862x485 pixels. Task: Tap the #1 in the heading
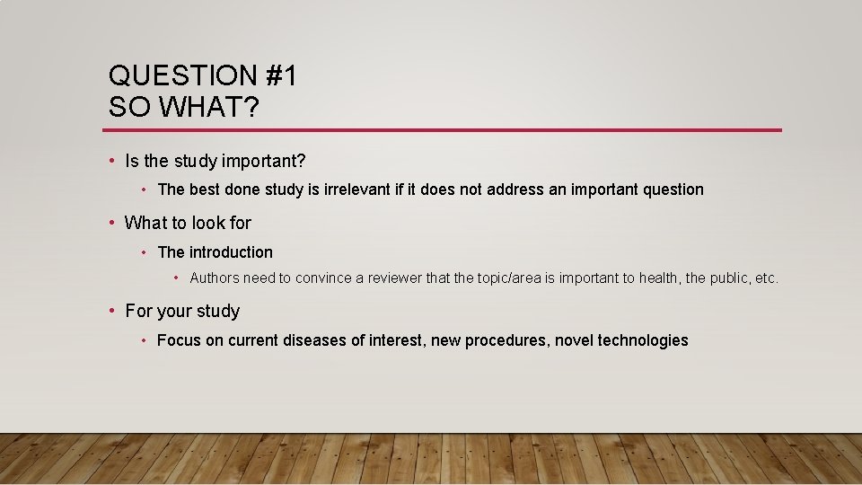click(280, 76)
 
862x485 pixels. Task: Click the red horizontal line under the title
click(444, 130)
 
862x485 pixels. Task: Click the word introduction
click(231, 252)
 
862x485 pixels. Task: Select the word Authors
click(215, 278)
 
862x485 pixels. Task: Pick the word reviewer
click(394, 278)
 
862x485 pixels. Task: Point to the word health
click(659, 278)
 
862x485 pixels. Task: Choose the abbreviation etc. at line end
click(767, 278)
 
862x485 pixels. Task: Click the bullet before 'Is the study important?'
click(111, 161)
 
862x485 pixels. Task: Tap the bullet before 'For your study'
click(111, 311)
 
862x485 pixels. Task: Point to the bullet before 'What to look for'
click(111, 222)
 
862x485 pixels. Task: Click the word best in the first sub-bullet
click(204, 190)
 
